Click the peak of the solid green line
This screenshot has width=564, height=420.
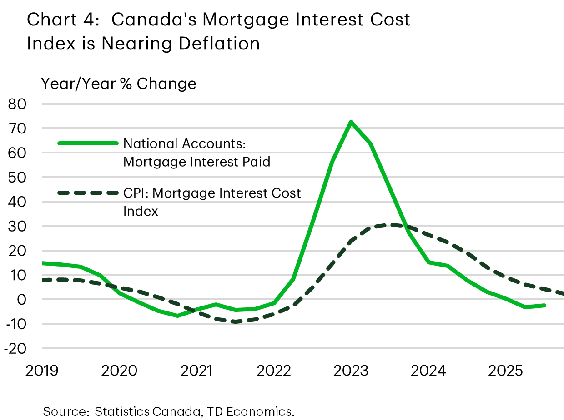(351, 122)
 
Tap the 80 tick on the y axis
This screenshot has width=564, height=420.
(18, 104)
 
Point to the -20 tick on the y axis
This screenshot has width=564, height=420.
(15, 349)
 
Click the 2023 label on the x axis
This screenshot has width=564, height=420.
(351, 371)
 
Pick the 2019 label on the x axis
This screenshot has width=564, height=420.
(42, 371)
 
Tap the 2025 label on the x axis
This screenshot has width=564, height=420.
(505, 371)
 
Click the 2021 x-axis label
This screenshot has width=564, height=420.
(197, 371)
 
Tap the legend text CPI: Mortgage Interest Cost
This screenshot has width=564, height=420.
(212, 193)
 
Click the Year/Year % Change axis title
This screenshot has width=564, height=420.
(119, 84)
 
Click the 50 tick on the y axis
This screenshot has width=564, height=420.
(18, 178)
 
